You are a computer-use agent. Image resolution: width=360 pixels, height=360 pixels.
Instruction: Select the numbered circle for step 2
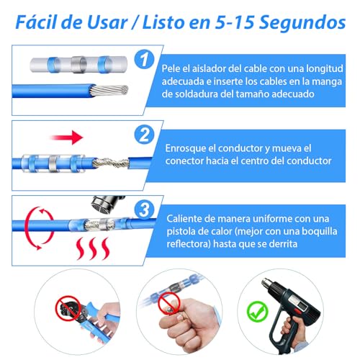point(145,133)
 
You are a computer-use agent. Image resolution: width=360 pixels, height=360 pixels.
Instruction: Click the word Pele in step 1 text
point(177,68)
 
